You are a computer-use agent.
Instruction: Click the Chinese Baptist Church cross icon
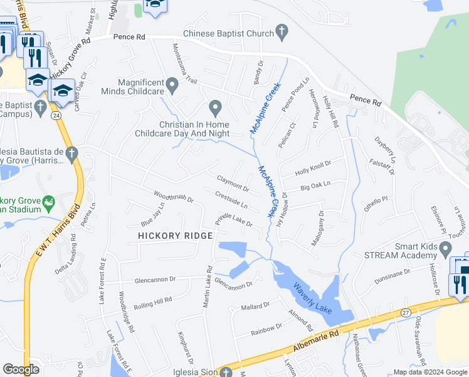(x=282, y=31)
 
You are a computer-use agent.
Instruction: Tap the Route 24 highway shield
(x=56, y=116)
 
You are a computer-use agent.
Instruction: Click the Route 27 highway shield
(x=406, y=312)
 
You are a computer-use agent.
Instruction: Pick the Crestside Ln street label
(x=231, y=200)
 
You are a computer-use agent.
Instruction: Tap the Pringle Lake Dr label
(x=234, y=219)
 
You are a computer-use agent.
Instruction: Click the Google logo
(x=21, y=369)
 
